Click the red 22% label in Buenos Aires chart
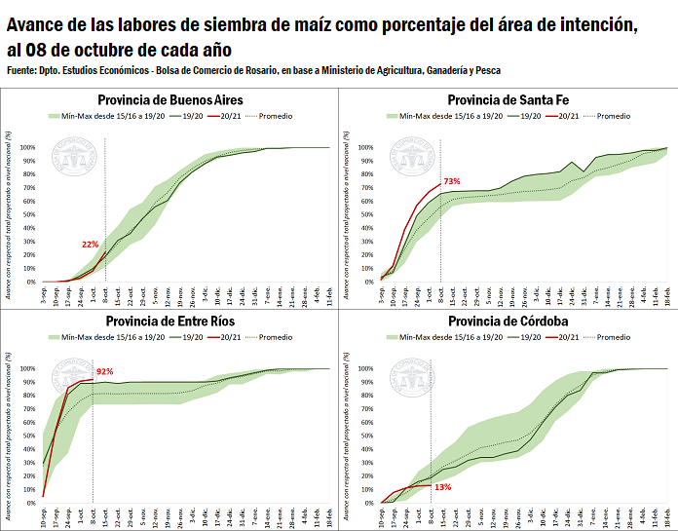click(91, 245)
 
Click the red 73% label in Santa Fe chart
click(451, 181)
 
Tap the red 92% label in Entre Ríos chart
click(104, 371)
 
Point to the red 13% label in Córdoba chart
click(442, 486)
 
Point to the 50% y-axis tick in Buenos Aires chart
click(28, 214)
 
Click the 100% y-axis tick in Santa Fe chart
click(365, 148)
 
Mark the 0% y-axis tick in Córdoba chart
click(368, 503)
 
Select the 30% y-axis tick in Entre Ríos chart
click(28, 463)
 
